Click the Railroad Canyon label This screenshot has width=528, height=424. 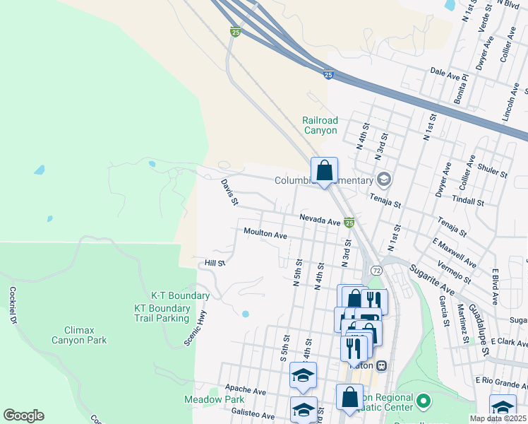(x=320, y=125)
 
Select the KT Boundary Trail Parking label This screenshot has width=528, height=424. (x=162, y=313)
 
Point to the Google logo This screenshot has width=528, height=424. (x=23, y=416)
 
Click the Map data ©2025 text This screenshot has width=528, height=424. (x=498, y=418)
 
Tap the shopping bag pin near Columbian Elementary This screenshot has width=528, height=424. (x=324, y=171)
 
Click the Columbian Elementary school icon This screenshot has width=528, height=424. (x=383, y=179)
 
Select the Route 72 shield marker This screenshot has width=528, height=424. (x=376, y=271)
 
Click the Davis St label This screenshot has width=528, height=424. (x=228, y=192)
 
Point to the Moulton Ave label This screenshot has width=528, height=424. (x=265, y=232)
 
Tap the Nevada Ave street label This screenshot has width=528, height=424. (x=320, y=220)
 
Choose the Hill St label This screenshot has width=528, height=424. (x=214, y=263)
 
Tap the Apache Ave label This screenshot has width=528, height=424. (x=246, y=389)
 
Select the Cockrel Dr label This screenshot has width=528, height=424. (x=13, y=305)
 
